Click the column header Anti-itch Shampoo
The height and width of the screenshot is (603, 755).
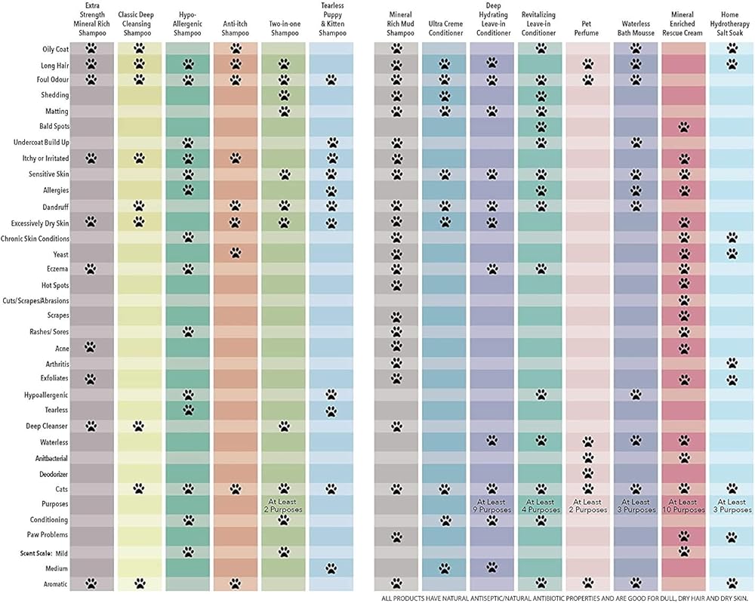235,29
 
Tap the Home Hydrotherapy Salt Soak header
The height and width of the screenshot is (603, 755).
732,24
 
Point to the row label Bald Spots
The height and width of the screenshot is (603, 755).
54,126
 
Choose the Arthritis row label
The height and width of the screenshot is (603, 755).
54,363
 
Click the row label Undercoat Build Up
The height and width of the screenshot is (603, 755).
41,143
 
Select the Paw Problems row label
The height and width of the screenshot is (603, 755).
49,535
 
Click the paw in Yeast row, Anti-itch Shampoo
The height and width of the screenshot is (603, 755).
235,253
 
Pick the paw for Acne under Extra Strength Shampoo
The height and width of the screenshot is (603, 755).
91,347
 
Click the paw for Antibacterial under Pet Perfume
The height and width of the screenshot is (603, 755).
587,457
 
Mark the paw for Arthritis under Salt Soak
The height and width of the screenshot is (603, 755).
732,363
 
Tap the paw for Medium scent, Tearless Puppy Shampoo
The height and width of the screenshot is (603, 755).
331,568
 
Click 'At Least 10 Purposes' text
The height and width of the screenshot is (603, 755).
683,506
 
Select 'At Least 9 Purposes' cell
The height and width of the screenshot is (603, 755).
492,506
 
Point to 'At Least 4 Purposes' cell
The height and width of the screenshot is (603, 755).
540,506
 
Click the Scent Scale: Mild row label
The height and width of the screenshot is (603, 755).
45,552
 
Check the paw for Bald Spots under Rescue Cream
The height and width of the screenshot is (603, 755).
683,127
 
